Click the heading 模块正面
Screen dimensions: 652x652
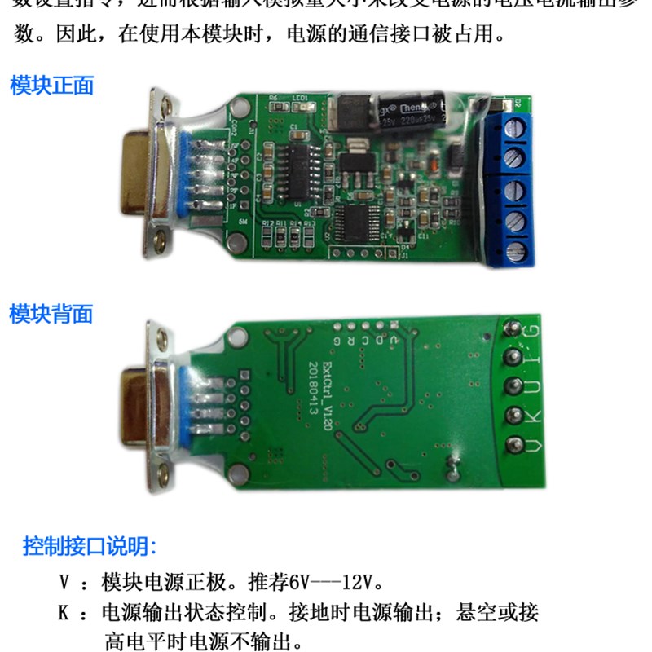tap(51, 85)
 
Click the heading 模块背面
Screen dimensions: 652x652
tap(51, 314)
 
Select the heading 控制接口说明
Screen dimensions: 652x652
tap(90, 544)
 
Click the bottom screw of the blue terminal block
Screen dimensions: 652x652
tap(514, 249)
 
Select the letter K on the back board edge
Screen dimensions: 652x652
tap(534, 415)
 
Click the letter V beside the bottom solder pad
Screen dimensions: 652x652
tap(533, 445)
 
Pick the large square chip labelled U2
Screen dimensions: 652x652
tap(356, 222)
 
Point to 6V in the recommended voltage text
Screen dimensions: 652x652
tap(300, 584)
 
